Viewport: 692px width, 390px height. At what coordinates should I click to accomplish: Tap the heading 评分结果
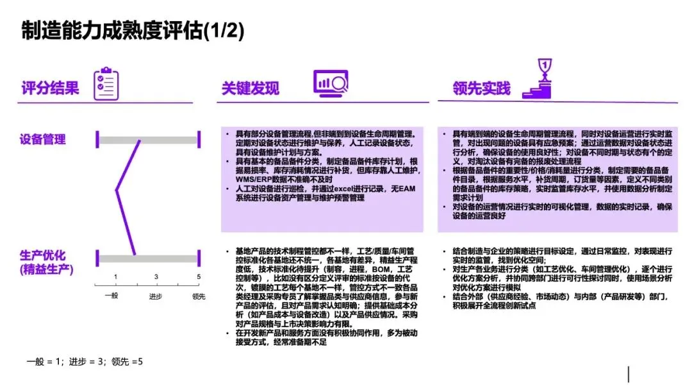point(51,88)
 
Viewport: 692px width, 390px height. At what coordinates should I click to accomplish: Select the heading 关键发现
point(251,89)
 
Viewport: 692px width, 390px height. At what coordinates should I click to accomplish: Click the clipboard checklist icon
point(106,84)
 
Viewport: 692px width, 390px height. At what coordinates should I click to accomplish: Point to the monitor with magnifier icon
point(330,84)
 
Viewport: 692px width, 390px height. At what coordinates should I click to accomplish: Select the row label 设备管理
point(43,139)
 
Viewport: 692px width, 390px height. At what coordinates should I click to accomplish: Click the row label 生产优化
point(43,255)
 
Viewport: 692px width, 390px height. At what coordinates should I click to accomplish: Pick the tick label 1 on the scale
point(116,277)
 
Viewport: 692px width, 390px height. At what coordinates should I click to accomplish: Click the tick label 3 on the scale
point(156,277)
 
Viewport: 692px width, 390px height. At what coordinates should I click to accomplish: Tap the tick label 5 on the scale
point(199,277)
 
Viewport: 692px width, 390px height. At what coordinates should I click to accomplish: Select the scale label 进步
point(156,296)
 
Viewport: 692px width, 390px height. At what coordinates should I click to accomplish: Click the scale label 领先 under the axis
point(199,296)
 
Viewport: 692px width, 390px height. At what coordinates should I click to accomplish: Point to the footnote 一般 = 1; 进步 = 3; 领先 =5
point(85,362)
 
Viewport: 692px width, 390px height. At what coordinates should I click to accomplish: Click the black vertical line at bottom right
point(629,374)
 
